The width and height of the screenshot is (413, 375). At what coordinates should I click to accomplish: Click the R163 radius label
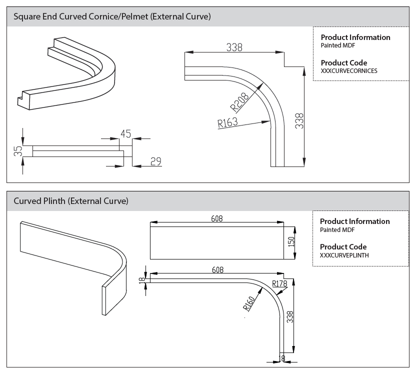point(227,122)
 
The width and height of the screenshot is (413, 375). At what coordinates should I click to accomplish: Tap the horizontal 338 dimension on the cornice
point(234,47)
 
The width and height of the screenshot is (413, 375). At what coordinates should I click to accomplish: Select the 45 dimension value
point(125,133)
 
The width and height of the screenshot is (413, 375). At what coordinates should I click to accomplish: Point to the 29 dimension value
point(155,161)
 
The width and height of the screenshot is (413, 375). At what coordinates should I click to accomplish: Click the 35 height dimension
point(17,151)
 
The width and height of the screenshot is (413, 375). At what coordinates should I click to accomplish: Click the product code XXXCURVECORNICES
point(349,71)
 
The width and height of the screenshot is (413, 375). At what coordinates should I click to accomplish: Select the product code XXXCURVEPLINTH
point(344,255)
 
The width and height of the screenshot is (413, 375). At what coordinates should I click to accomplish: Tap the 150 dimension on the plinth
point(291,241)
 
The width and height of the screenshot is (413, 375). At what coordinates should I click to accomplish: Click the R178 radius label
point(279,284)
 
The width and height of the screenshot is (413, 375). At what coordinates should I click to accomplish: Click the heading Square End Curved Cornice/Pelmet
point(112,16)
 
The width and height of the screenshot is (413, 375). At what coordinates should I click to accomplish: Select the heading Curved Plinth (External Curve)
point(71,201)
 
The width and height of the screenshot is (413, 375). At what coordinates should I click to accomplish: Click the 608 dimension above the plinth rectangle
point(217,218)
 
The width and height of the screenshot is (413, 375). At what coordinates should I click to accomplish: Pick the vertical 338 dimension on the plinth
point(290,316)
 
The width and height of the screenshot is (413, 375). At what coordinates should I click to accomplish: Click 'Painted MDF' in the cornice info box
point(337,45)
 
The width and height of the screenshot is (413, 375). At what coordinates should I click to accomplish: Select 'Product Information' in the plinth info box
point(354,221)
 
